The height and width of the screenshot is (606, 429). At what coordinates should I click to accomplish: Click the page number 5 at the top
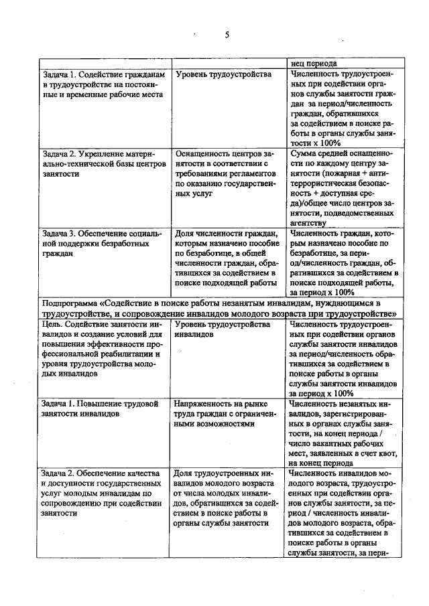point(227,35)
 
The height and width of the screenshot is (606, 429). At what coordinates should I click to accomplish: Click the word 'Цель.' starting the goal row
point(52,324)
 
